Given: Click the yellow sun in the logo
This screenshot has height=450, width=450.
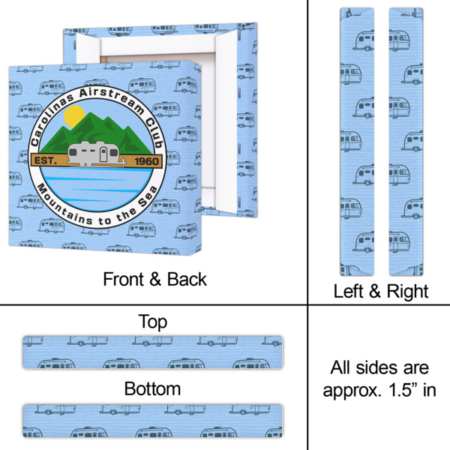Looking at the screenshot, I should pos(73,115).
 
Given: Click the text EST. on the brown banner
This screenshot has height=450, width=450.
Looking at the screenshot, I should pos(46,160).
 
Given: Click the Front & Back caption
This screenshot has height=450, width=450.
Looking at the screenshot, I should pos(154,280).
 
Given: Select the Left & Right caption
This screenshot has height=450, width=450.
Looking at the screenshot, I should pos(380,291).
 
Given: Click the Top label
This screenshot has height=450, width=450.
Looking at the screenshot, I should pos(153,322).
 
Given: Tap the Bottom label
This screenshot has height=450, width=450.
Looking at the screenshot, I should pos(153,389).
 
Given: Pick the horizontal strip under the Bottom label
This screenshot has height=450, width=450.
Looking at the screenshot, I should pos(153,421).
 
